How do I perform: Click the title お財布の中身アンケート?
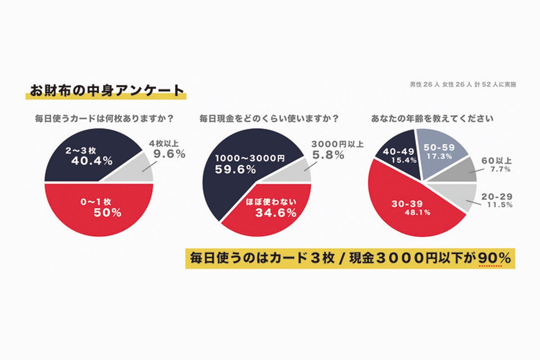pyautogui.click(x=105, y=89)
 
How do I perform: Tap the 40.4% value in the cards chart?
pyautogui.click(x=92, y=161)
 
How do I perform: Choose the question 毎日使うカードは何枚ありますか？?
pyautogui.click(x=105, y=119)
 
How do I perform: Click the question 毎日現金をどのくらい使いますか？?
pyautogui.click(x=269, y=119)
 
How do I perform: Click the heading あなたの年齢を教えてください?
pyautogui.click(x=432, y=119)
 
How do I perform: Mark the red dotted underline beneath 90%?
pyautogui.click(x=491, y=265)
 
